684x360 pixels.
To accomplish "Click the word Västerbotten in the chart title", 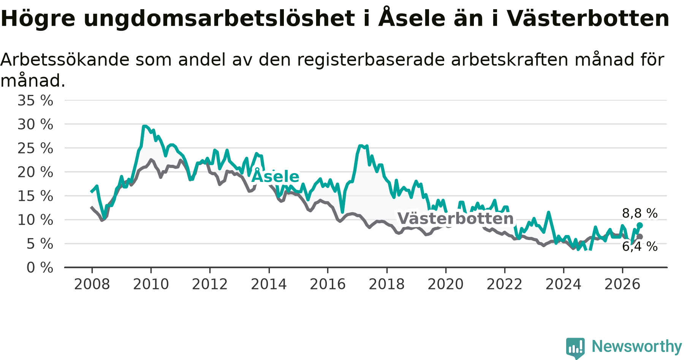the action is tap(588, 18).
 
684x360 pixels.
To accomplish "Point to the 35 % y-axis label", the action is tap(35, 101).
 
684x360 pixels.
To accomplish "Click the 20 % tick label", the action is tap(35, 172).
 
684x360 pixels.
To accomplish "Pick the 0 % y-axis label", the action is tap(40, 268).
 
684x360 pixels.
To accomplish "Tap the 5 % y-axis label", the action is tap(40, 244).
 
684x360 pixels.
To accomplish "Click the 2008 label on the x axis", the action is tap(92, 284).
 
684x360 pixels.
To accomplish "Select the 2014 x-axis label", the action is tap(269, 284).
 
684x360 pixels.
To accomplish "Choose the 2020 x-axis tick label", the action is tap(446, 284).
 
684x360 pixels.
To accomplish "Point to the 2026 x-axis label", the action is tap(622, 284).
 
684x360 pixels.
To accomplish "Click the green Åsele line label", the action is tap(275, 176).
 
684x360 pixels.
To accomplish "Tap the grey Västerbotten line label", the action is tap(456, 219).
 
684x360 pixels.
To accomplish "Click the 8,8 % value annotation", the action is tap(640, 213).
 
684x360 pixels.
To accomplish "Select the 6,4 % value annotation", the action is tap(640, 246).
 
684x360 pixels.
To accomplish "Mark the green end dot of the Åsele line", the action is tap(640, 226).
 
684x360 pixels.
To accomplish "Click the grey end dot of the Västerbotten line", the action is tap(640, 237).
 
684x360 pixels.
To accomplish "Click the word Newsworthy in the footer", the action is tap(637, 346).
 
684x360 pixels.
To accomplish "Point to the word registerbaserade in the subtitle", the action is tap(371, 60).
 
